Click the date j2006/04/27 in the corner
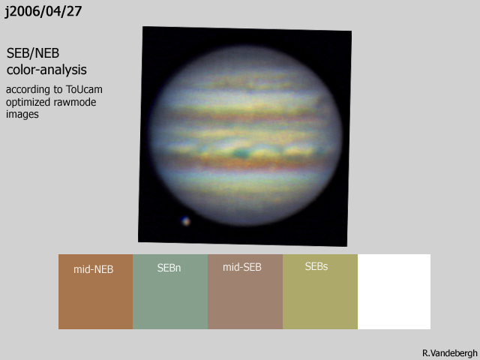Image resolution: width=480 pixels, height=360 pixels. pos(43,12)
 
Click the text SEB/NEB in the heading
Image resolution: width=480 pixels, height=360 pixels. pos(33,53)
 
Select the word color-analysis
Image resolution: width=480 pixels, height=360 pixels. pos(46,70)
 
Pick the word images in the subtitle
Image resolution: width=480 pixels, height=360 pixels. pos(22,114)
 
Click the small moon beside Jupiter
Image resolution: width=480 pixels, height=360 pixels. pos(185,221)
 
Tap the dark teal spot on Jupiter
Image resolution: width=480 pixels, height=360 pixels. pos(241,153)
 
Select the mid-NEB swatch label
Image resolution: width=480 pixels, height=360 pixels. pos(93,269)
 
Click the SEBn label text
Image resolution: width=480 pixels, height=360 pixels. pos(169,268)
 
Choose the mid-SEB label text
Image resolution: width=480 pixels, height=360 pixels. pos(241,267)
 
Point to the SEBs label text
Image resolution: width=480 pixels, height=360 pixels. pos(316,266)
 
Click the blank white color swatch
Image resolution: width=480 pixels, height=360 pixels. pos(394,292)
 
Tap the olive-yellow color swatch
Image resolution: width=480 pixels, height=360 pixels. pos(320,292)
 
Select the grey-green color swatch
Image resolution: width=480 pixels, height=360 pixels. pos(170,292)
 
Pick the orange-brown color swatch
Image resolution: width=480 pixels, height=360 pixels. pos(95,292)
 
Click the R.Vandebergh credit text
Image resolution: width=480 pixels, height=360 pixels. pos(450,353)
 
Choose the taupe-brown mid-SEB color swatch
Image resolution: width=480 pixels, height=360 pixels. pos(245,292)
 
